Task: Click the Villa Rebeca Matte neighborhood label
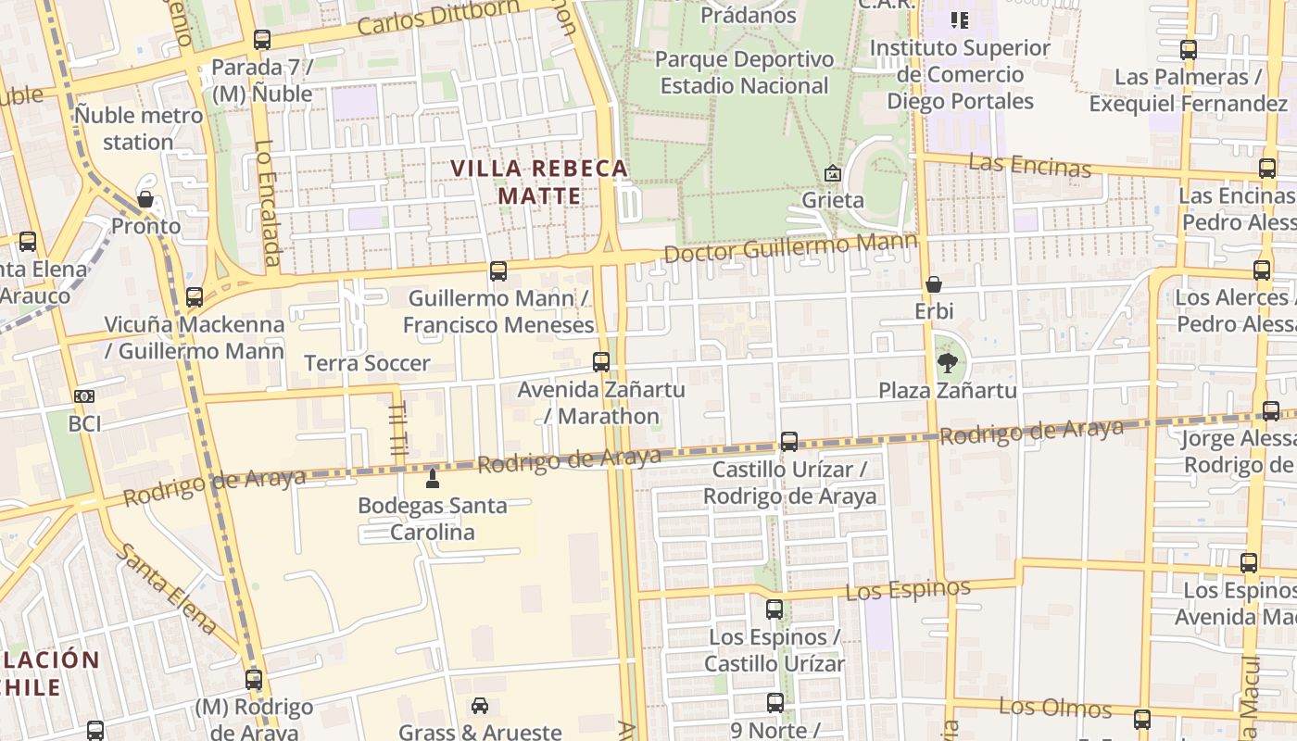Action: click(x=539, y=182)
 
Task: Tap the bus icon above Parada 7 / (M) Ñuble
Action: click(x=262, y=40)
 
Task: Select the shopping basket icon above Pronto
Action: click(x=145, y=199)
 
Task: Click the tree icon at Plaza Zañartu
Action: click(x=946, y=362)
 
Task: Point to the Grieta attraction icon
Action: click(x=832, y=173)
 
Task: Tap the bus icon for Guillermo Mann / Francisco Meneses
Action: click(x=498, y=271)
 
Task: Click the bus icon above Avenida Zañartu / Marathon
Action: click(x=601, y=362)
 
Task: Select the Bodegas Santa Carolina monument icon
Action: click(x=432, y=479)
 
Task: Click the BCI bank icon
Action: click(x=84, y=396)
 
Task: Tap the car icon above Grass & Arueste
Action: click(x=480, y=706)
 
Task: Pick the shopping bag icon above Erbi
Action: click(x=934, y=284)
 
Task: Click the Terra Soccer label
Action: click(x=368, y=363)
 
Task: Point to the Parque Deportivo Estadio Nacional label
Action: click(x=744, y=72)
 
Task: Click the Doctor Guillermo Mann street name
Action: click(x=789, y=247)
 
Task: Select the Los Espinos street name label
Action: click(x=908, y=589)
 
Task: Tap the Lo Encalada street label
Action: click(x=266, y=202)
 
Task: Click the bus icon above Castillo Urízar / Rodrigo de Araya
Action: click(x=789, y=442)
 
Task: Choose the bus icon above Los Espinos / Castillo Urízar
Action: click(x=774, y=609)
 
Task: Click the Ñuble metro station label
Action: click(x=139, y=129)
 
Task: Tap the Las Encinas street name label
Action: click(x=1029, y=166)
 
